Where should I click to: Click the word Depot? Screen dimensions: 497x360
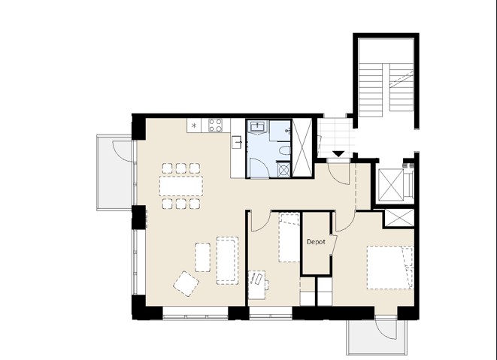316,242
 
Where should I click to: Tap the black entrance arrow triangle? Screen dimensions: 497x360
338,154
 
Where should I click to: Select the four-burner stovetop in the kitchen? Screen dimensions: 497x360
215,126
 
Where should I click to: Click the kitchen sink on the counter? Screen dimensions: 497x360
237,142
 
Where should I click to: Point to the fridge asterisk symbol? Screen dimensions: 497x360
194,126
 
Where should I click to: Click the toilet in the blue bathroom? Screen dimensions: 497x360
284,150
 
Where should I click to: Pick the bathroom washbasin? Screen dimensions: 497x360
257,127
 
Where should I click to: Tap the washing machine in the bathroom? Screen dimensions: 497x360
283,170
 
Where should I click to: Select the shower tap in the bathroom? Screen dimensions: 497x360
288,131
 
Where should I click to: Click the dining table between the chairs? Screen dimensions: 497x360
181,186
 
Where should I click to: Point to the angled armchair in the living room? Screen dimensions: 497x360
186,283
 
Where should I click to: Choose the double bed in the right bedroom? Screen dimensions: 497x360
390,267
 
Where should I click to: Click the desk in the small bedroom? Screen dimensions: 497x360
257,285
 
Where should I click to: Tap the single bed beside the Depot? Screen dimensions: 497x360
289,237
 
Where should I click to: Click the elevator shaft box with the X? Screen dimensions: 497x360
391,185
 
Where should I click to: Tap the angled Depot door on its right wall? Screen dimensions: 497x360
334,245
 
